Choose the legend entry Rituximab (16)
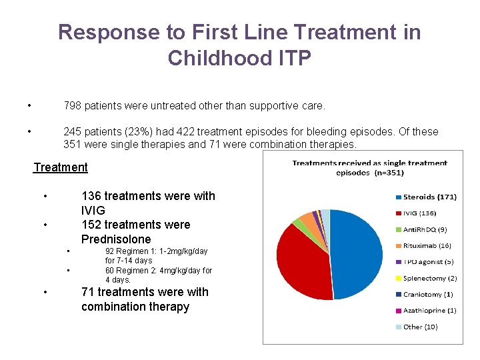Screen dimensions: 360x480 pyautogui.click(x=427, y=246)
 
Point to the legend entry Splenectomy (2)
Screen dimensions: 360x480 pyautogui.click(x=429, y=278)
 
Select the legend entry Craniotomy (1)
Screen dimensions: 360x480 pyautogui.click(x=427, y=294)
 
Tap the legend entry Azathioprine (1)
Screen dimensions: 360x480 pyautogui.click(x=429, y=311)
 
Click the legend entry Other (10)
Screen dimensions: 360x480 pyautogui.click(x=420, y=327)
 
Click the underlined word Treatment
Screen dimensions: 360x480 pyautogui.click(x=61, y=167)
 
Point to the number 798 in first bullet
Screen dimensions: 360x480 pyautogui.click(x=73, y=105)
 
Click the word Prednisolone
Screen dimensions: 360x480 pyautogui.click(x=116, y=239)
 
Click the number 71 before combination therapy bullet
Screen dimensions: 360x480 pyautogui.click(x=88, y=292)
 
